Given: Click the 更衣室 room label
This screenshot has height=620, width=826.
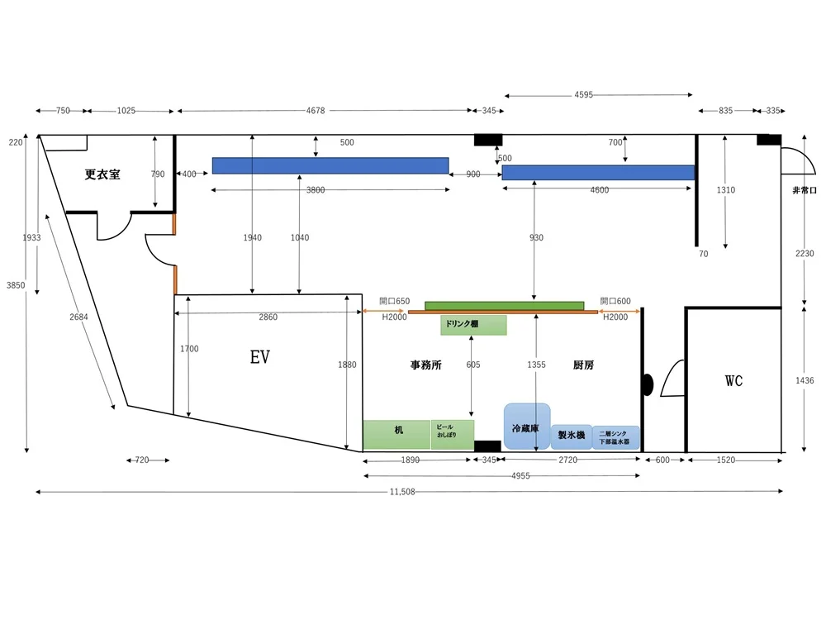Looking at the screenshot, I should click(102, 174).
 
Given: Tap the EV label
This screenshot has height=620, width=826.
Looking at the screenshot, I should click(260, 357).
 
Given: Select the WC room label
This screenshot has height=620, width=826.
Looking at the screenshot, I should click(733, 381).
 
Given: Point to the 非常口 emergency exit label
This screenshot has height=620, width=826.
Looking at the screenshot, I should click(804, 190).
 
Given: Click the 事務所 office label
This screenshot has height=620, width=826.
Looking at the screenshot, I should click(425, 365).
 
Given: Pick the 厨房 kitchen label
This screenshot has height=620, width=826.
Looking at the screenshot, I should click(583, 365).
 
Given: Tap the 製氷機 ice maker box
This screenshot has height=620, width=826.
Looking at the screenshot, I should click(571, 435).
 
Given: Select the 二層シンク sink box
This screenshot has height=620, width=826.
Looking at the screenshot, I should click(615, 436).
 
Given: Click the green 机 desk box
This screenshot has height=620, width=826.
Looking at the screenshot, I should click(397, 433).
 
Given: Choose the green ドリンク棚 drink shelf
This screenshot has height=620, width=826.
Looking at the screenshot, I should click(473, 325).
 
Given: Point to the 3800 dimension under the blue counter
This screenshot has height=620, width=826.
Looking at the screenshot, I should click(316, 190).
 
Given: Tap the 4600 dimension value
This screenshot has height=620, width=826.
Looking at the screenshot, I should click(599, 190).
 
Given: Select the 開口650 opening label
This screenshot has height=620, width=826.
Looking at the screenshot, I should click(394, 301).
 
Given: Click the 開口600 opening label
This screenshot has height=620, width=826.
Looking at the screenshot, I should click(615, 301).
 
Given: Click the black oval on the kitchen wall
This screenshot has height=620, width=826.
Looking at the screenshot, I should click(648, 384).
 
